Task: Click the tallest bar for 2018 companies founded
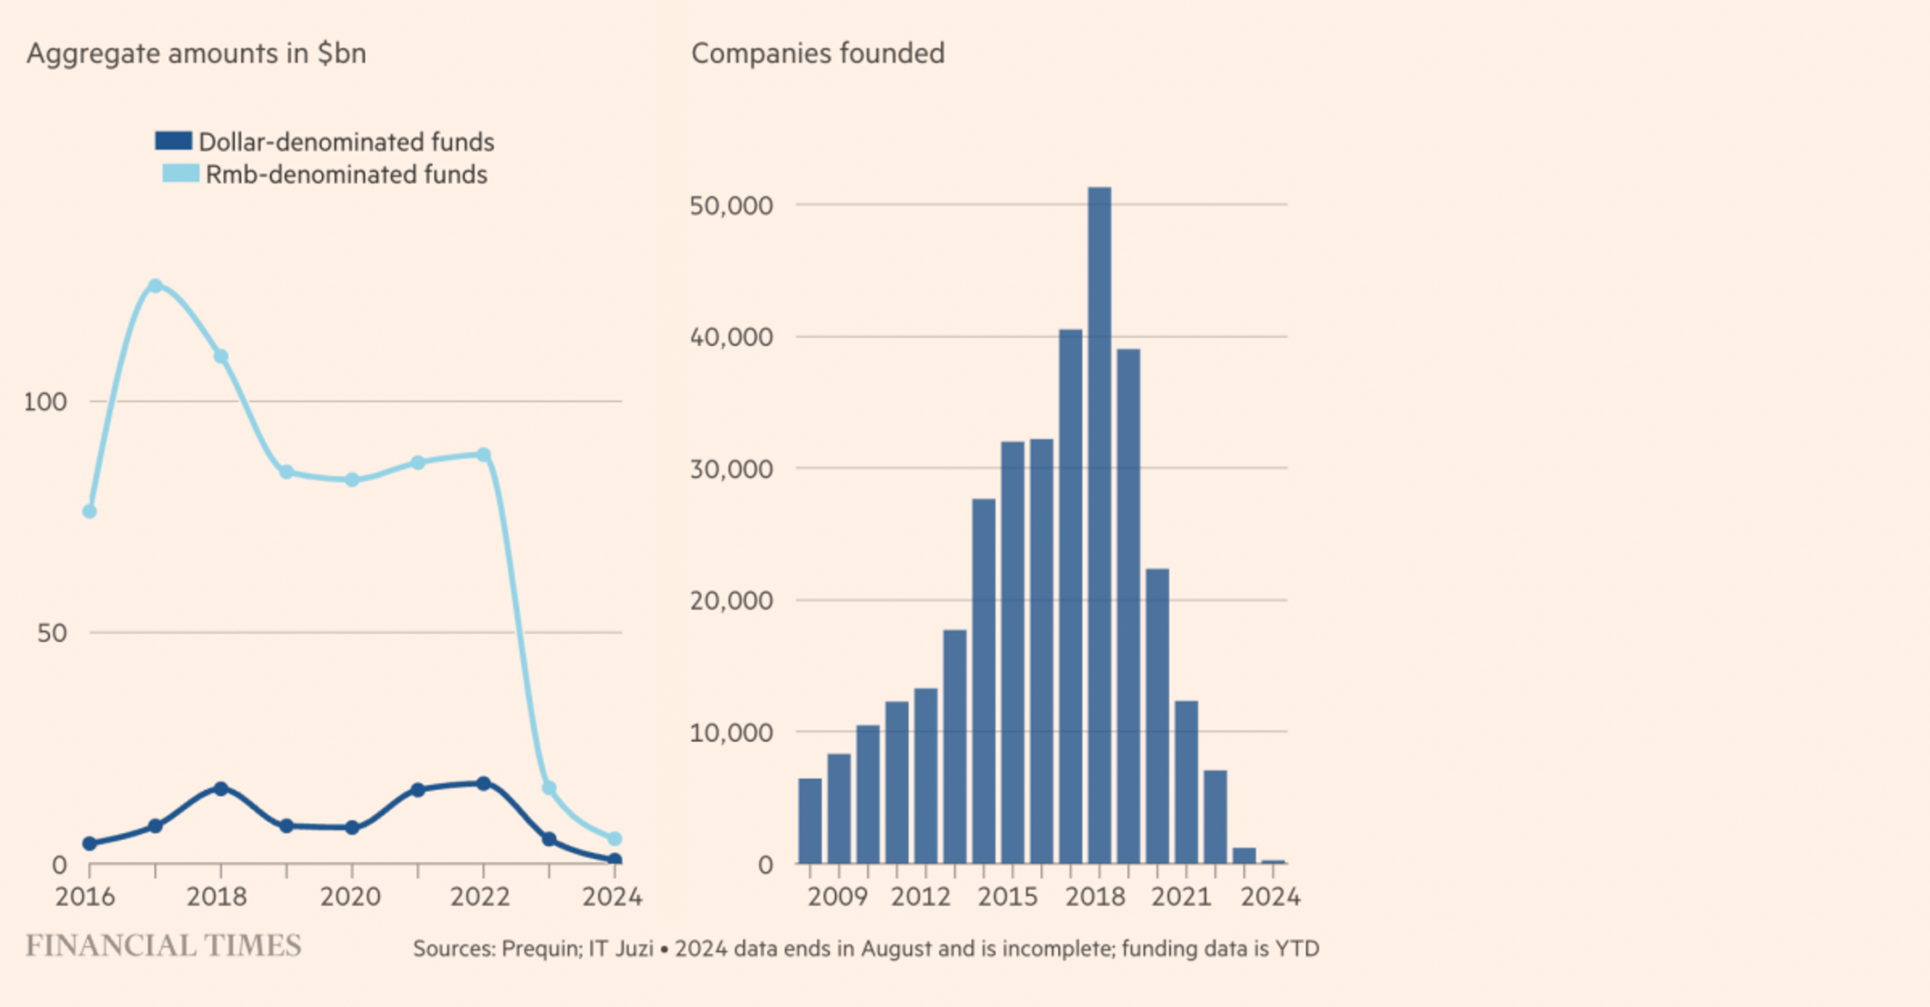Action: [1099, 523]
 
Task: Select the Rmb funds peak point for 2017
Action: [155, 286]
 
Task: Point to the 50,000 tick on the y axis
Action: [731, 205]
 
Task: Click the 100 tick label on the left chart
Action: [46, 402]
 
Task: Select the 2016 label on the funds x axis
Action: [85, 896]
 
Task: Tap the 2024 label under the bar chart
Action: [1270, 896]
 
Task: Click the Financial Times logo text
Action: [163, 946]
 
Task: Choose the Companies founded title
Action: [817, 53]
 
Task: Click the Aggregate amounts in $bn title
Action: [196, 53]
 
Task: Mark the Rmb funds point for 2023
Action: [549, 788]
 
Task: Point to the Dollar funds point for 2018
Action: [221, 788]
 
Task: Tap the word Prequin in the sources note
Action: [540, 949]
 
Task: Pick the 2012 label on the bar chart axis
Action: [920, 896]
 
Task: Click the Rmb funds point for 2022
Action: [484, 455]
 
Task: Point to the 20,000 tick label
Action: [731, 601]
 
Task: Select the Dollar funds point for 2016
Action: [89, 843]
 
